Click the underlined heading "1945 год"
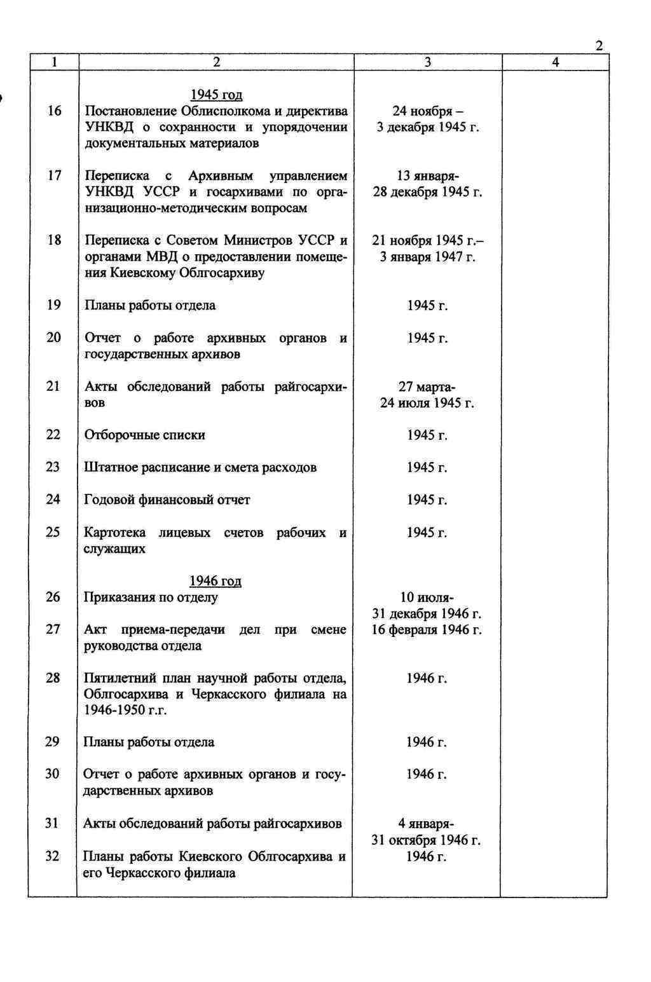point(216,95)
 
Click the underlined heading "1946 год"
point(215,581)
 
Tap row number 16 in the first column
point(54,111)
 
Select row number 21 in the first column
point(53,386)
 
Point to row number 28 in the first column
point(53,678)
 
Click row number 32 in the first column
point(52,856)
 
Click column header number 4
point(555,62)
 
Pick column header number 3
point(427,62)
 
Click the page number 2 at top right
point(598,45)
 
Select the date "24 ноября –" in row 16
point(427,111)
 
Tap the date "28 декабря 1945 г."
point(427,192)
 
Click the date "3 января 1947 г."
point(427,257)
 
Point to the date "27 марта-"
point(427,386)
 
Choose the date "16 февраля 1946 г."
point(427,630)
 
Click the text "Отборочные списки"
point(145,435)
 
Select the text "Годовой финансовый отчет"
point(167,500)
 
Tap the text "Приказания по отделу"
point(151,597)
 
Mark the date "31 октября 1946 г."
point(426,840)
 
